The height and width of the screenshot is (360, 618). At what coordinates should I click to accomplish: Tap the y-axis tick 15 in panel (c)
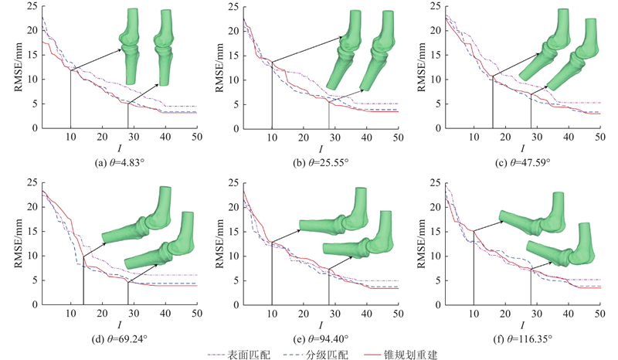pyautogui.click(x=434, y=55)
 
